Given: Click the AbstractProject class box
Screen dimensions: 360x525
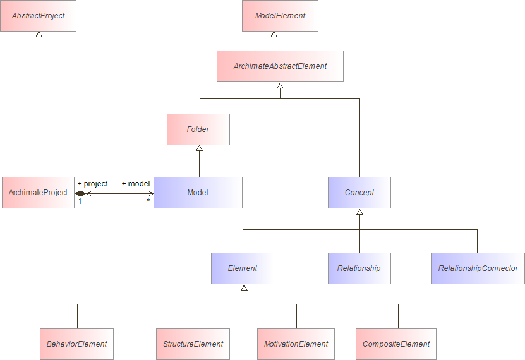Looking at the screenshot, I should (39, 16).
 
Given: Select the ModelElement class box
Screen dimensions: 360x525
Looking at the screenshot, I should (280, 16).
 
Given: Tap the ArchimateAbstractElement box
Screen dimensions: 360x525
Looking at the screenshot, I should (280, 66).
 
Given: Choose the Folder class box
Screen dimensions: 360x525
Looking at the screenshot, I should (198, 129).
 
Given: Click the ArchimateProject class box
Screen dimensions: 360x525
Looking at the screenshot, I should (38, 193).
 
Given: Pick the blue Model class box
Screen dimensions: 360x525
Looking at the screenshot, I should (198, 193).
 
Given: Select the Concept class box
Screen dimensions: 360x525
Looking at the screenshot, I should (359, 193).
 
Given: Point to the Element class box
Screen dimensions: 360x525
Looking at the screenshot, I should (243, 268).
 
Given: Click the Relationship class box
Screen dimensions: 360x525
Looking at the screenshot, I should (359, 268).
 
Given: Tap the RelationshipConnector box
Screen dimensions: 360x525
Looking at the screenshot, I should (478, 268).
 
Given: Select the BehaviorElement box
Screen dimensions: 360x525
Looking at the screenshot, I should (76, 344).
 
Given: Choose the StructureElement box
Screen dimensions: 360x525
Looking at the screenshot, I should (193, 344).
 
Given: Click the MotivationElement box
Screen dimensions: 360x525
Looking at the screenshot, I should (296, 344).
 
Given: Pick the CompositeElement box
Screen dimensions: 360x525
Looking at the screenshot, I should (395, 344).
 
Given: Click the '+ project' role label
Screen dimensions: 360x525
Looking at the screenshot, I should (92, 184).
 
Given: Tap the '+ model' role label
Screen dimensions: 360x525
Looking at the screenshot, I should (135, 184).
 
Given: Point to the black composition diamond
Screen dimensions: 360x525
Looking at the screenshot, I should (80, 193).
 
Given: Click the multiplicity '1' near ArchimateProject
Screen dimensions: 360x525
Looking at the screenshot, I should (80, 201).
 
